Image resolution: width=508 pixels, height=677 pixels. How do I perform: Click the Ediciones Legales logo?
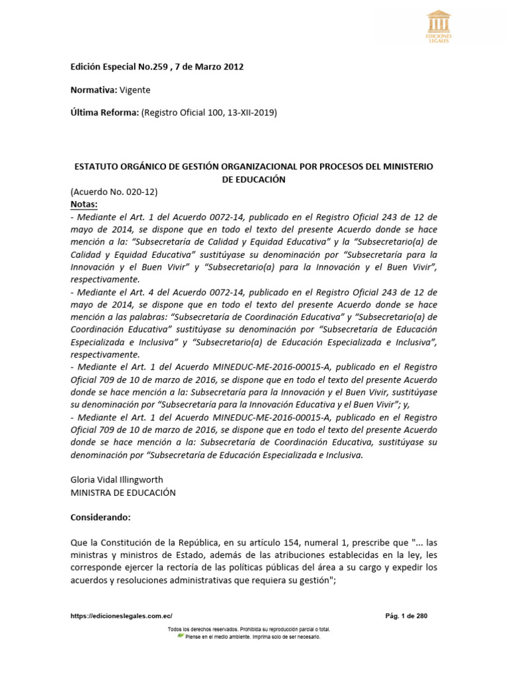(438, 27)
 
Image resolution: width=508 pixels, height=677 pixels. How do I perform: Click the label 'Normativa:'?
(93, 90)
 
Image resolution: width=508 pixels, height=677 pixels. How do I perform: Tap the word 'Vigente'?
(135, 90)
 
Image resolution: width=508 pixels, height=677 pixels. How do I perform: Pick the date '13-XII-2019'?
(252, 113)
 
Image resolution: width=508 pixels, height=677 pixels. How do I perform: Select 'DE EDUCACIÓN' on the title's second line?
(254, 180)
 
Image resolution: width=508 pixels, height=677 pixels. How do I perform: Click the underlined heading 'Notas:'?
(84, 204)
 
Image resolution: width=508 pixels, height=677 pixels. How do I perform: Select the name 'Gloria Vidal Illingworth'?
(117, 479)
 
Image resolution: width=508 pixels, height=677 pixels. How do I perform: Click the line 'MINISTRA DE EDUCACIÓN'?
(123, 492)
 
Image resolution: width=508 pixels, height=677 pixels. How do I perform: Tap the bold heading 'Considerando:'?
(101, 516)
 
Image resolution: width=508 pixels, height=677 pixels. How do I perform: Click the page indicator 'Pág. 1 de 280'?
(406, 616)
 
